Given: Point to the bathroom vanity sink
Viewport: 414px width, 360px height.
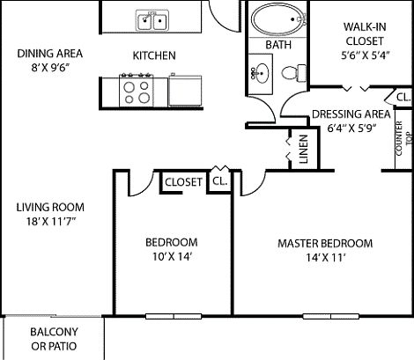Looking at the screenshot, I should coord(262,72).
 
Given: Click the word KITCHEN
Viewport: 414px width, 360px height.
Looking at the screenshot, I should coord(154,56).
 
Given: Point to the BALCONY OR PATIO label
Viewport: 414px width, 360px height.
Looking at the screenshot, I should coord(54,338).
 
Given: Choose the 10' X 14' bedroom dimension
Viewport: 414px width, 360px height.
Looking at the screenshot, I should coord(171,257).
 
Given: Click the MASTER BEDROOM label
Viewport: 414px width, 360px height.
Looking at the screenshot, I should coord(324,243).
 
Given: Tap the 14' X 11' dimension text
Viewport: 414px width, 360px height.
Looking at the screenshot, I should coord(324,257).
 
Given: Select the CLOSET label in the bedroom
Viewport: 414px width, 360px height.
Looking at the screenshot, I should coord(183,181).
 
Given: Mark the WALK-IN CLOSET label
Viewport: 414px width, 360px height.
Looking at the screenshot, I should coord(361,33).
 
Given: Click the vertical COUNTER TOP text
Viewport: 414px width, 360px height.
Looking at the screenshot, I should coord(401,137).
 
